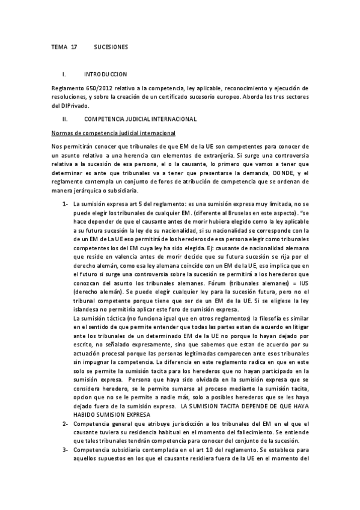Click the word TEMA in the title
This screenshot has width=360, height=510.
[59, 46]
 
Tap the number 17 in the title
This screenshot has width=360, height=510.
[74, 46]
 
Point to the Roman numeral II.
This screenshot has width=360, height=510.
[64, 119]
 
